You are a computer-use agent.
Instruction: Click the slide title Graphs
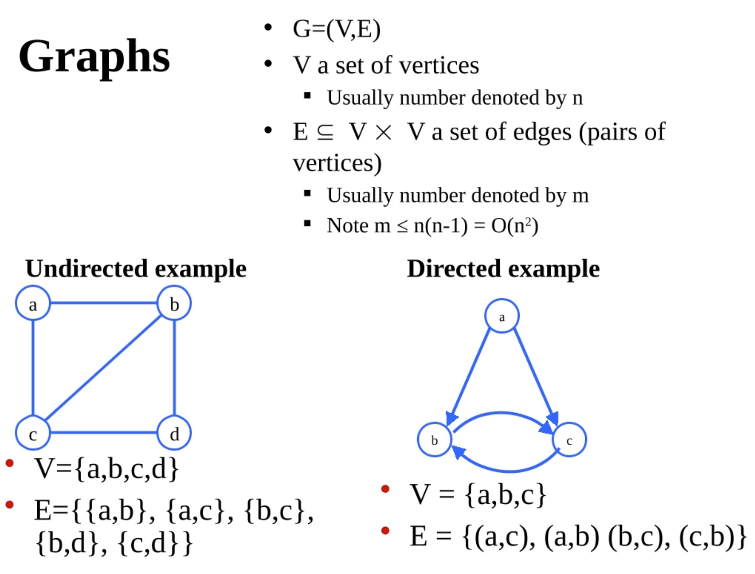[x=94, y=56]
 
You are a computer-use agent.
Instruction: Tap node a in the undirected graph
[x=32, y=304]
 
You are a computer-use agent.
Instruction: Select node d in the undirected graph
[x=174, y=434]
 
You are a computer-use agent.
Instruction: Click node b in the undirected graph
[x=174, y=304]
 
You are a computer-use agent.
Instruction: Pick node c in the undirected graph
[x=32, y=434]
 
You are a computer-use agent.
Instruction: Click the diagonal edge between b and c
[x=104, y=368]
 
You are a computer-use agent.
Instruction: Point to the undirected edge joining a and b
[x=104, y=303]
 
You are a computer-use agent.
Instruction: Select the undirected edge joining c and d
[x=104, y=433]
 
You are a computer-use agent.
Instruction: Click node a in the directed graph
[x=502, y=316]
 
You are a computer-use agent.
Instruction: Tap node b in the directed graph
[x=434, y=440]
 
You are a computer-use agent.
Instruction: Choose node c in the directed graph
[x=569, y=440]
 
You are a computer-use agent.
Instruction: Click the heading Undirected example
[x=136, y=268]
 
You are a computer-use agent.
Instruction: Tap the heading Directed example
[x=503, y=268]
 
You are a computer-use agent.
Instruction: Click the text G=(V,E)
[x=336, y=29]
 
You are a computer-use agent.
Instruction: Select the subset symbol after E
[x=325, y=132]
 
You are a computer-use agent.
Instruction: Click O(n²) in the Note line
[x=514, y=225]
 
